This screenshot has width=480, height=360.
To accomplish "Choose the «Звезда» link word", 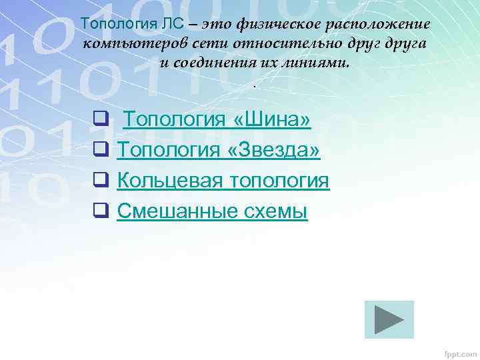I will (x=274, y=150).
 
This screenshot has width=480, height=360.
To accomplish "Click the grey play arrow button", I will (x=389, y=319).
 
